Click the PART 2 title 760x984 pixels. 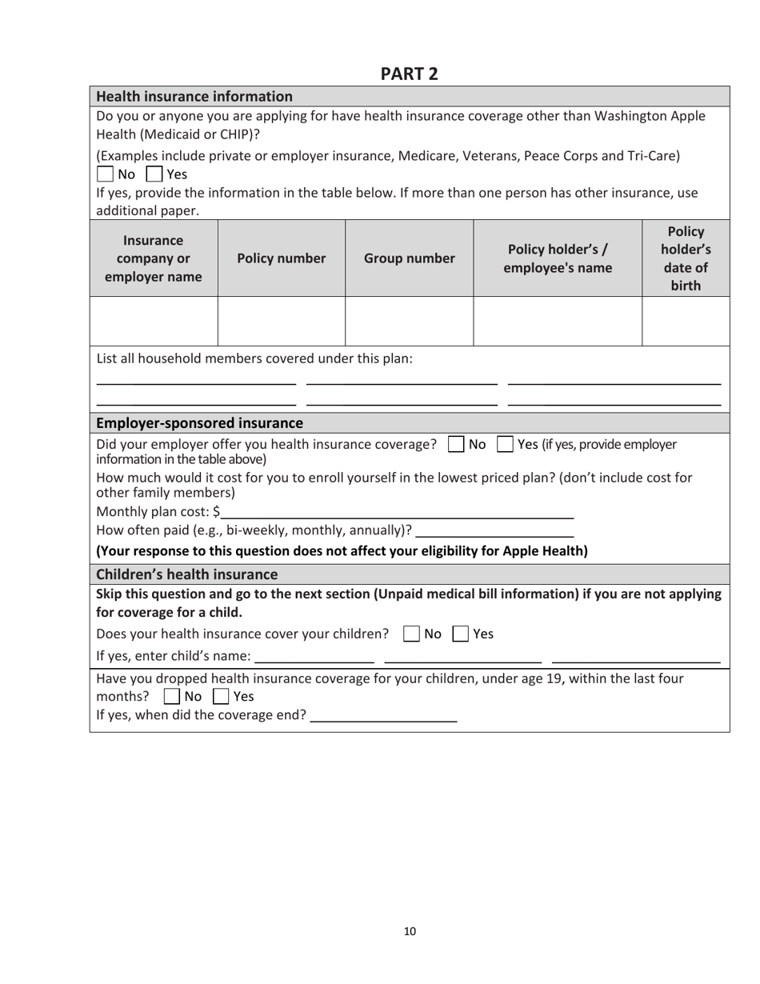[409, 74]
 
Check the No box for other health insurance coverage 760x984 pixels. [105, 174]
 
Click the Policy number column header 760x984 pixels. [281, 258]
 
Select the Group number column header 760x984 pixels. [409, 258]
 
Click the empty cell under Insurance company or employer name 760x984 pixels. [154, 321]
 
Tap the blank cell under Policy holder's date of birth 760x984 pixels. [686, 321]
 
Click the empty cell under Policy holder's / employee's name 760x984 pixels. [558, 321]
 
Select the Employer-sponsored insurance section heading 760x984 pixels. [199, 422]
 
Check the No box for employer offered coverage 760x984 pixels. [455, 444]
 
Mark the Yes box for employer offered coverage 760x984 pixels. [505, 444]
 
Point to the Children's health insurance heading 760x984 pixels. [186, 574]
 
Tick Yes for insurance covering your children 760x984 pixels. [462, 634]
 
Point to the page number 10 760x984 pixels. [410, 930]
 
